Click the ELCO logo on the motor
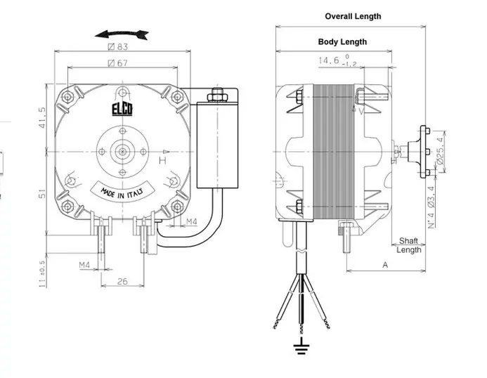tap(122, 110)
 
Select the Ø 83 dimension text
tap(118, 46)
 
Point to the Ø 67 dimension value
tap(118, 63)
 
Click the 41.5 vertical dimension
tap(42, 117)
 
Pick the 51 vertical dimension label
tap(42, 194)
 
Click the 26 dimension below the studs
tap(122, 282)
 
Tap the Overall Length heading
tap(353, 16)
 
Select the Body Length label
tap(342, 41)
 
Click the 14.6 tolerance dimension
tap(338, 60)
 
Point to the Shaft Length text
tap(409, 245)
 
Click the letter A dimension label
tap(385, 265)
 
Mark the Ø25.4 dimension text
tap(441, 151)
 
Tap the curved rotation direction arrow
tap(122, 34)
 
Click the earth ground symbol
tap(301, 347)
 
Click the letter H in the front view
tap(163, 160)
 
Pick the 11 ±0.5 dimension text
tap(42, 274)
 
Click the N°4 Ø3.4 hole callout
tap(431, 207)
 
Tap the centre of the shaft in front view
tap(123, 152)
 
